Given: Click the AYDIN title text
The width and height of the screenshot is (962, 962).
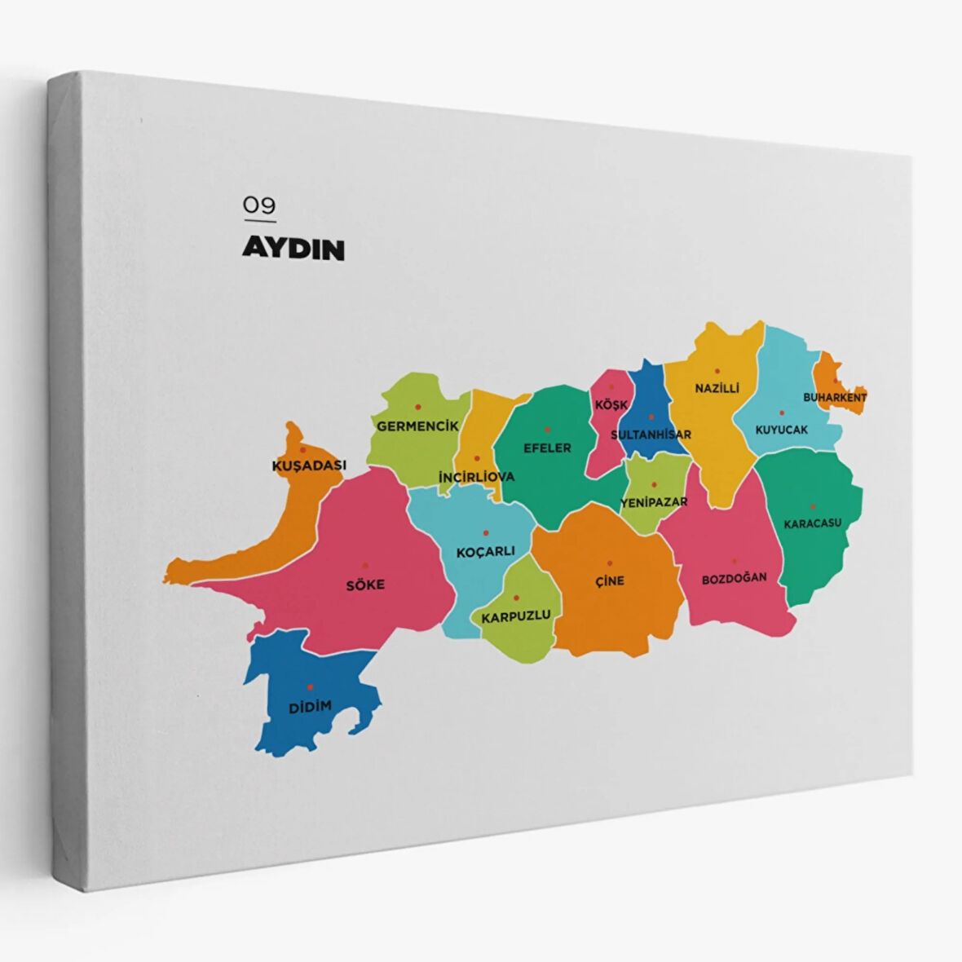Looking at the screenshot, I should click(x=293, y=249).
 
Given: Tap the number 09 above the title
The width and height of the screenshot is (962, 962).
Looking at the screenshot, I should click(x=259, y=205).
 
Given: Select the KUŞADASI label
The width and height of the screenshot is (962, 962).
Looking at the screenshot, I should click(x=308, y=466).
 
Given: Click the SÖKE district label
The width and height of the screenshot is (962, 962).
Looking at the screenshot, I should click(x=365, y=585).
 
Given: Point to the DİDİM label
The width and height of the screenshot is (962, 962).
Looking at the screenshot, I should click(x=311, y=706).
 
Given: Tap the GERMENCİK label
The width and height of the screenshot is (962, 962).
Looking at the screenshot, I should click(x=417, y=426).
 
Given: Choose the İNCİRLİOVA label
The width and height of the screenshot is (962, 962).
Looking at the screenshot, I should click(x=477, y=476).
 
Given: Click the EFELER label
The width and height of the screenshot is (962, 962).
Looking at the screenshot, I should click(x=547, y=448).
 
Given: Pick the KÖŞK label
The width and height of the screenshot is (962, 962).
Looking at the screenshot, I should click(x=611, y=405).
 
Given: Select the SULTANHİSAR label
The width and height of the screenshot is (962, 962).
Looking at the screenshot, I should click(x=651, y=434).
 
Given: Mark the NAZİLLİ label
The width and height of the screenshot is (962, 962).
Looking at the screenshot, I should click(x=717, y=388).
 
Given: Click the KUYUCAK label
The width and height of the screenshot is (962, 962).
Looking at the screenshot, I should click(x=781, y=429).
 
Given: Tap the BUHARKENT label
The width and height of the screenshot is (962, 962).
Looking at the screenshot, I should click(x=835, y=397).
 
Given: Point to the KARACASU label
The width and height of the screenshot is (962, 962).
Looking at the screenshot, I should click(x=812, y=523).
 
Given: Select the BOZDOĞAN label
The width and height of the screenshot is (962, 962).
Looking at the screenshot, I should click(x=735, y=578).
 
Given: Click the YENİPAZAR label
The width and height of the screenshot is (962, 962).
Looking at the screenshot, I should click(x=654, y=502).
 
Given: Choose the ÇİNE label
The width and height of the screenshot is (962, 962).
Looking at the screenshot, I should click(x=610, y=580).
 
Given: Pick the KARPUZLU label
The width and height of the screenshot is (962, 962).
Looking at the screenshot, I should click(x=516, y=616).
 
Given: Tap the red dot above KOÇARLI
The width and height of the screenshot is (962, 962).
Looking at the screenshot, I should click(x=486, y=532).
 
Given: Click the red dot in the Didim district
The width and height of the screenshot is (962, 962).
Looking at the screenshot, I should click(x=310, y=687).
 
